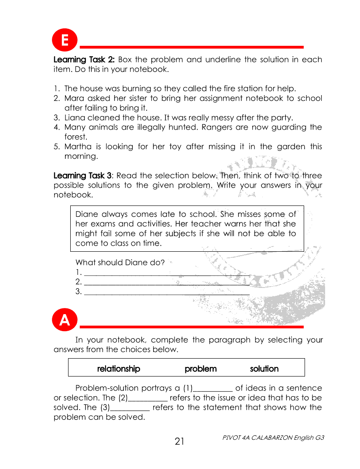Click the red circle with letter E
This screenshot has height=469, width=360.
point(65,41)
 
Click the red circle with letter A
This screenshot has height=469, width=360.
point(65,321)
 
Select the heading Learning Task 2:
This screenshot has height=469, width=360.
point(84,59)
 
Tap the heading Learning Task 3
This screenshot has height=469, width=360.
point(83,176)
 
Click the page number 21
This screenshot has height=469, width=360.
point(180,442)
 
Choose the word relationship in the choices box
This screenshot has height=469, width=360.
point(119,369)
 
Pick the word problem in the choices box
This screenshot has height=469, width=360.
point(200,369)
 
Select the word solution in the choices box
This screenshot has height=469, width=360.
point(264,369)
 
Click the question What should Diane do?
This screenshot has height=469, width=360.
point(120,263)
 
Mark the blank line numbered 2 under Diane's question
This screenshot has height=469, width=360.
point(166,283)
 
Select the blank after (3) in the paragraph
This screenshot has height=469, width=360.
point(130,408)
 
